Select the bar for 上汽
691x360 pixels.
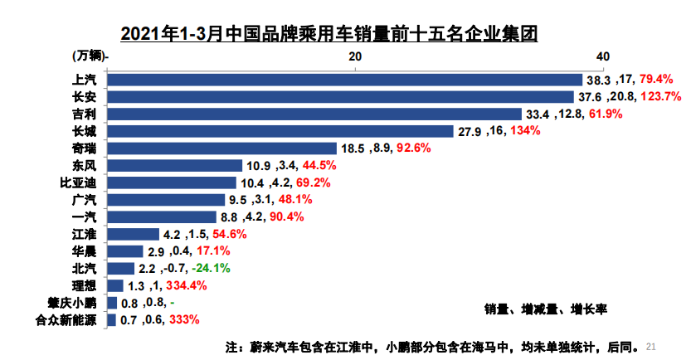[x=344, y=80]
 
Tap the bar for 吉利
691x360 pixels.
[x=315, y=114]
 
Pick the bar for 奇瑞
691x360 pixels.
[x=222, y=148]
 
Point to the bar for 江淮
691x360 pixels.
[x=133, y=234]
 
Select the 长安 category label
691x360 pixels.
[x=85, y=97]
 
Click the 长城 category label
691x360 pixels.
[x=85, y=131]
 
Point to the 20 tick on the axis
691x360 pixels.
[x=355, y=56]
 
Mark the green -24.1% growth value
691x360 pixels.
[x=211, y=269]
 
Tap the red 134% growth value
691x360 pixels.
[x=525, y=131]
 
